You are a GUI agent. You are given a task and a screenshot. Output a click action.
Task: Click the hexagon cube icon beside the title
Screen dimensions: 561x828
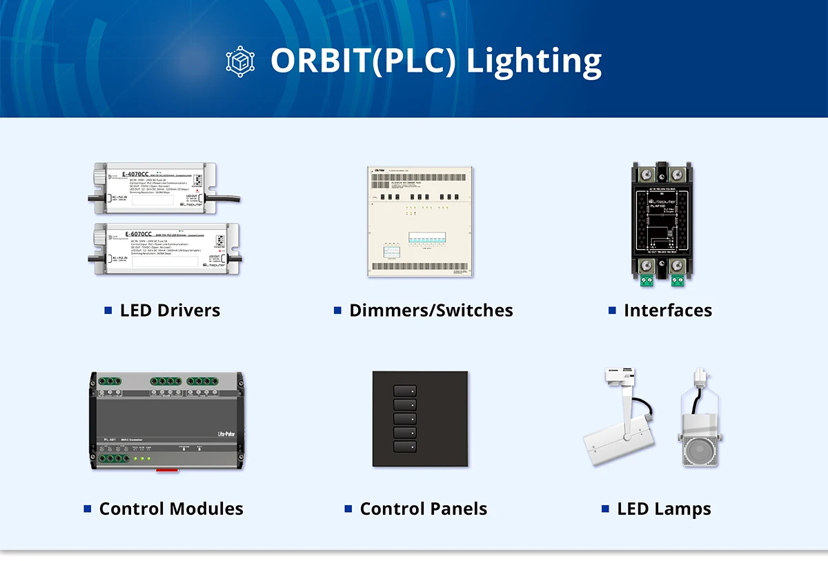pos(240,60)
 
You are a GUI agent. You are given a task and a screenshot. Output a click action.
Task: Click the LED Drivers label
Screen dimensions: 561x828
pos(170,311)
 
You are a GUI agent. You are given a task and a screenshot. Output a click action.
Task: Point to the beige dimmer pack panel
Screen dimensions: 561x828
pos(420,221)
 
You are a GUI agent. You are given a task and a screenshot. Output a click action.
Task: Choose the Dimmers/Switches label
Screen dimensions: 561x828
pos(431,311)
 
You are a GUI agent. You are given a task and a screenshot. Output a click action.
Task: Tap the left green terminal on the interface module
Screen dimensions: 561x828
pos(647,280)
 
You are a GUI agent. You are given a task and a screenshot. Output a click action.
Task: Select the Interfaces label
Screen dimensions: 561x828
pos(667,311)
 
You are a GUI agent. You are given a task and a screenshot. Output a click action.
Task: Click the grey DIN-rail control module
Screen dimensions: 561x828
pos(166,421)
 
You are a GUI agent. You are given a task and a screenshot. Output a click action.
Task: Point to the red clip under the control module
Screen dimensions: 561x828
pos(166,471)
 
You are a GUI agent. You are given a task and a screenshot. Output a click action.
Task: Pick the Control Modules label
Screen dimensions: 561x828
pos(171,509)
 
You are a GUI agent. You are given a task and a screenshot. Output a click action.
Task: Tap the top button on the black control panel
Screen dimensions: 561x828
pos(405,391)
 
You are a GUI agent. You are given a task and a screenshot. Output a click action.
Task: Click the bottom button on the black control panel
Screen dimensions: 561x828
pos(405,446)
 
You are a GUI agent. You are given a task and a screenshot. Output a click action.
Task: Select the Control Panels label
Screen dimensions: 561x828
pos(423,509)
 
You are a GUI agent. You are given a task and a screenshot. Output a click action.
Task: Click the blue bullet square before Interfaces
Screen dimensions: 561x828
pos(612,311)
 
